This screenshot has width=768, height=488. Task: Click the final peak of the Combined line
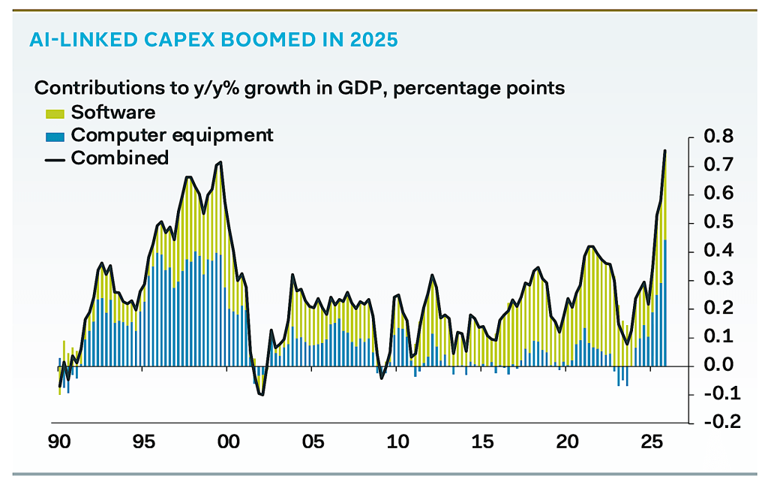point(664,151)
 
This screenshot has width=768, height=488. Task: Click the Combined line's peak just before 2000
point(220,162)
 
